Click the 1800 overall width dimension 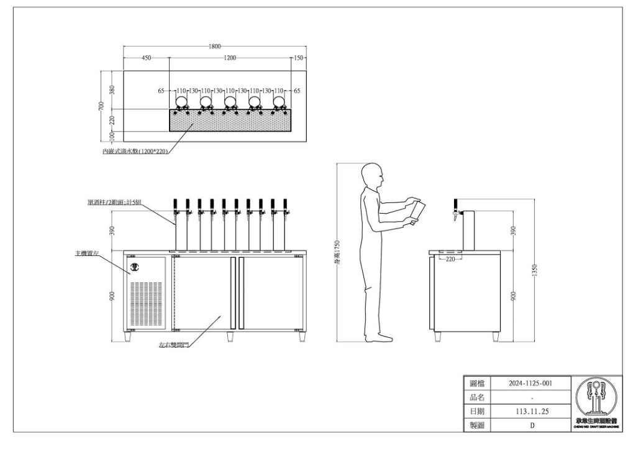point(215,47)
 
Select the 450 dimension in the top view point(146,58)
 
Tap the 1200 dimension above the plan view point(230,58)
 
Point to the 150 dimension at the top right point(299,58)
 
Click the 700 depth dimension point(101,106)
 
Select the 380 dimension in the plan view point(112,90)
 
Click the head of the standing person point(372,176)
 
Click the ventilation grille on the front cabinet point(147,304)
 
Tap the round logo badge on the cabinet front point(136,268)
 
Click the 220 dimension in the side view point(450,259)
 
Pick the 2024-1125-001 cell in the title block point(530,384)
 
